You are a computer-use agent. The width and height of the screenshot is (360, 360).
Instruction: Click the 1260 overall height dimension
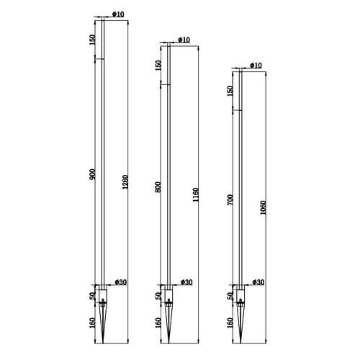(x=125, y=181)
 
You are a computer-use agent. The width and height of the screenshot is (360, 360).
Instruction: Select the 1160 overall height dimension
(x=196, y=194)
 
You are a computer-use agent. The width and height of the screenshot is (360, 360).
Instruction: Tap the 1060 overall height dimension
(x=263, y=207)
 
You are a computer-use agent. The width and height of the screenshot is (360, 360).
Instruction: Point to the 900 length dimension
(x=92, y=174)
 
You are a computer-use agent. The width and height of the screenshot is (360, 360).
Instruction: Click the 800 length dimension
(x=158, y=187)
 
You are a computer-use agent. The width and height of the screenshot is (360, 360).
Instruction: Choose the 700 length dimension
(x=230, y=199)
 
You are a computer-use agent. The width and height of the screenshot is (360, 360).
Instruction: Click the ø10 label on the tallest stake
(x=118, y=14)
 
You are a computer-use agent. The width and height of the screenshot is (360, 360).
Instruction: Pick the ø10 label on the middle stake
(x=184, y=40)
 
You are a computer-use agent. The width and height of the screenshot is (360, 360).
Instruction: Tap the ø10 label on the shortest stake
(x=256, y=66)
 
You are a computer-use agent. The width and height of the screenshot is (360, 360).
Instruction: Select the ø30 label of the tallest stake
(x=120, y=282)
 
